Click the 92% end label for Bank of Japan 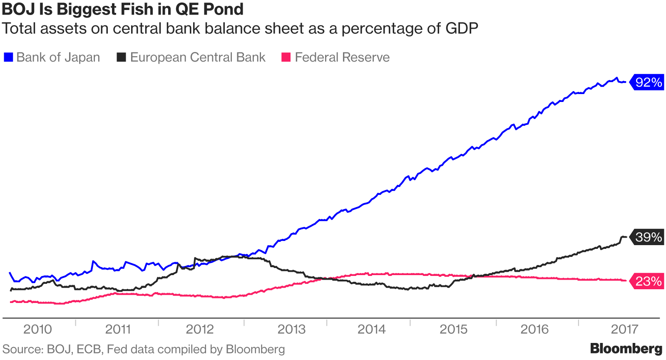point(648,82)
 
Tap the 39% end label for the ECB point(648,237)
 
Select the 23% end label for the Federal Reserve point(648,282)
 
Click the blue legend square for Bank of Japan point(8,57)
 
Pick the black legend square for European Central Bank point(121,57)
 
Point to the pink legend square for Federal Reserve point(286,57)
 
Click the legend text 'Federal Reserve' point(342,57)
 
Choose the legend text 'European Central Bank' point(198,57)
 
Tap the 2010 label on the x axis point(37,330)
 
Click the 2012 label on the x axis point(200,330)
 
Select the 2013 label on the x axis point(291,330)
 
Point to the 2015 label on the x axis point(454,330)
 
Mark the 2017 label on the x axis point(624,330)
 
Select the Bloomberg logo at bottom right point(626,349)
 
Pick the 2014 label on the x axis point(372,330)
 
